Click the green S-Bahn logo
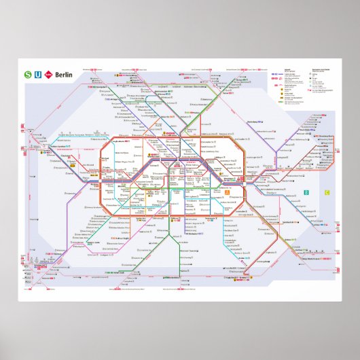point(28,75)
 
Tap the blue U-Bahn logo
point(39,75)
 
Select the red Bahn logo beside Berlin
point(50,75)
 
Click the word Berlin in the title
point(64,75)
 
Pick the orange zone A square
point(227,192)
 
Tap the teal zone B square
point(306,193)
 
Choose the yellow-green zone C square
point(327,193)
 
